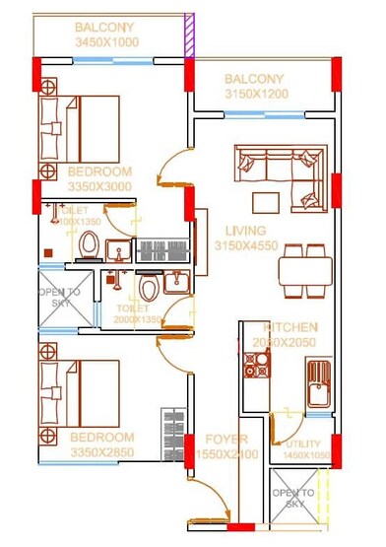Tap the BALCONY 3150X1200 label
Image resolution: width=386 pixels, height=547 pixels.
click(x=254, y=87)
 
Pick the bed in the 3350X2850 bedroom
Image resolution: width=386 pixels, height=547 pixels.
click(x=78, y=387)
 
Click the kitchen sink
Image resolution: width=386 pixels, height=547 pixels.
click(x=318, y=387)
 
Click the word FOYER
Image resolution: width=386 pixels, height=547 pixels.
click(x=225, y=439)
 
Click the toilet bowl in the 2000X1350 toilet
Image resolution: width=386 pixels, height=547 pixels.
click(x=149, y=290)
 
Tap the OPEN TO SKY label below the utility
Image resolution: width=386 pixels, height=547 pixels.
click(x=292, y=497)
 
